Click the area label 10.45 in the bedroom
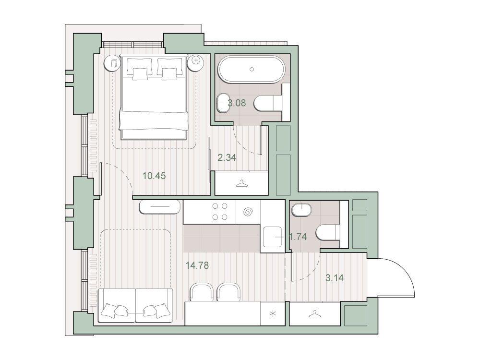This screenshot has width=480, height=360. (x=154, y=176)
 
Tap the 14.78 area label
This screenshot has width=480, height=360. (x=197, y=265)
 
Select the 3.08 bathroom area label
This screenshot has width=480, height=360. (x=237, y=103)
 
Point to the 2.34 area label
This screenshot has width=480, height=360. (x=227, y=157)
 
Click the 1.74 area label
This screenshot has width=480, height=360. (x=298, y=237)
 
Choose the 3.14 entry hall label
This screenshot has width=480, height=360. (x=334, y=278)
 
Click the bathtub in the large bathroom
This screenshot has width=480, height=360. (x=252, y=69)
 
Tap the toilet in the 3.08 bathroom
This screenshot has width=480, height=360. (x=268, y=103)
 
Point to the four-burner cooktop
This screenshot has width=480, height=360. (x=220, y=212)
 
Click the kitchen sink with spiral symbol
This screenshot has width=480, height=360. (x=248, y=212)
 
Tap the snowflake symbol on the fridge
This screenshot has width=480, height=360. (x=273, y=314)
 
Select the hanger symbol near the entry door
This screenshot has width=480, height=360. (x=314, y=314)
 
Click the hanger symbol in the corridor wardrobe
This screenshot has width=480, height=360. (x=241, y=183)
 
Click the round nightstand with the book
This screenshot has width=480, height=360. (x=113, y=63)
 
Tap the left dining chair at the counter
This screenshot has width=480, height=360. (x=202, y=291)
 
